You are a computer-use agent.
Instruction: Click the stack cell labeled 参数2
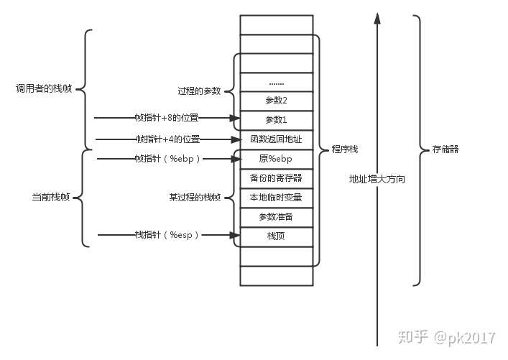click(276, 101)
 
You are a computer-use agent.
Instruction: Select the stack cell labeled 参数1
click(276, 119)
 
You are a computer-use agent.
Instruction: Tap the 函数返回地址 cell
click(276, 139)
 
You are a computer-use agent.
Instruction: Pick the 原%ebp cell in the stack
click(276, 158)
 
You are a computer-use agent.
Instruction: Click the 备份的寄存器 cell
click(276, 177)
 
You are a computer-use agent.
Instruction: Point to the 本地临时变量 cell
click(276, 197)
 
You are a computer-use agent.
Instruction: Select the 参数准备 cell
click(276, 216)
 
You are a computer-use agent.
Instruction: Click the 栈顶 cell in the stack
click(276, 236)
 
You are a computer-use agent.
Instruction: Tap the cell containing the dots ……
click(276, 82)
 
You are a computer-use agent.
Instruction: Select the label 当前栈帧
click(46, 197)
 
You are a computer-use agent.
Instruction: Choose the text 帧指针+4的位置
click(167, 139)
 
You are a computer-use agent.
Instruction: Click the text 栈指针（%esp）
click(167, 235)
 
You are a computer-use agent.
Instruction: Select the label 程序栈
click(345, 149)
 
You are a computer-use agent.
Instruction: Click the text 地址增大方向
click(377, 179)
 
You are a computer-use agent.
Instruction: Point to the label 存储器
click(446, 150)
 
